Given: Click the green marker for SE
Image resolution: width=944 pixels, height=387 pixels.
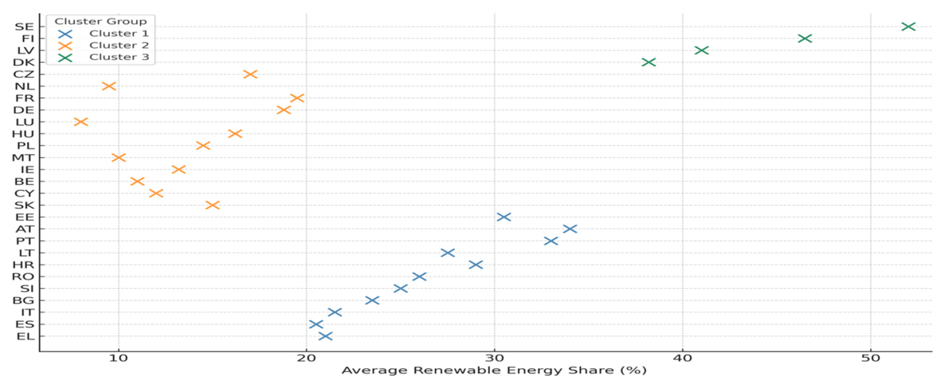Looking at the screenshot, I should pos(908,26).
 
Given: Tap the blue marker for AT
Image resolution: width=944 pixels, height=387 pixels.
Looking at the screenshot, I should pos(570,229).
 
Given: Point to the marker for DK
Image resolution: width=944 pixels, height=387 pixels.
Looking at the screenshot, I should pos(649,62).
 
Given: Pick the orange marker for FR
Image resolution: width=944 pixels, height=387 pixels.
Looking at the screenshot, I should pos(297,98).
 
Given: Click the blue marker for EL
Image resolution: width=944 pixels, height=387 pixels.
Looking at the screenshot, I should pos(325,336).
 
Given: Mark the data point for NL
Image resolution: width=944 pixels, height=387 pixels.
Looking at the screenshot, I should pos(109,86).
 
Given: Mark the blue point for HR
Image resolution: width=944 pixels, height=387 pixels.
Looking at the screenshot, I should pos(476,265).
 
